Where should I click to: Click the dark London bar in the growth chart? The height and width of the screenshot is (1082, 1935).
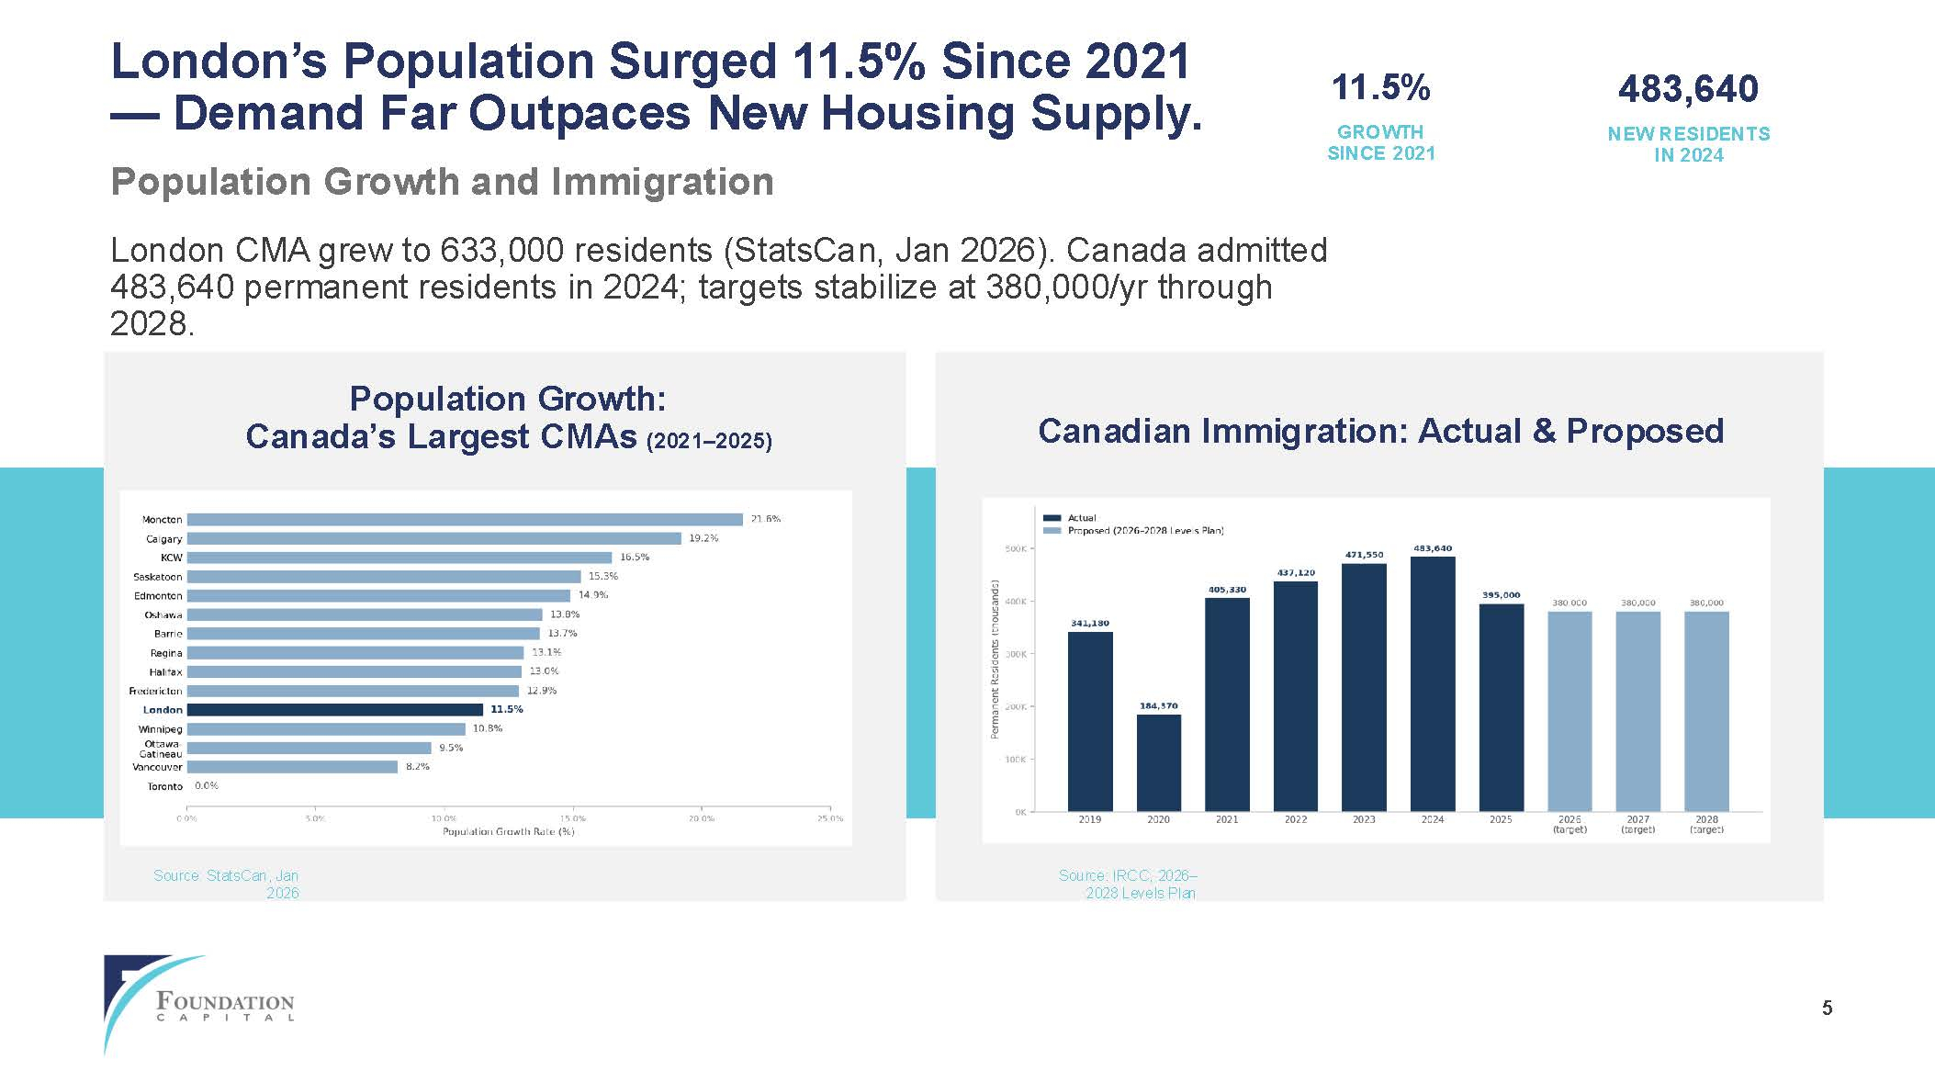pyautogui.click(x=335, y=710)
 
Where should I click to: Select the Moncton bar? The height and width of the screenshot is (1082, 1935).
pyautogui.click(x=465, y=520)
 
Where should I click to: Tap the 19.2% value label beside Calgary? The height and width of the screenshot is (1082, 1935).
pyautogui.click(x=703, y=538)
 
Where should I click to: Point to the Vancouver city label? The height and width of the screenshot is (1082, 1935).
pyautogui.click(x=157, y=767)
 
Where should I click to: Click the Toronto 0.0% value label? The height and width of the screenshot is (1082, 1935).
pyautogui.click(x=207, y=786)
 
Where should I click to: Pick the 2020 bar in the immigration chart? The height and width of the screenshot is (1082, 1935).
pyautogui.click(x=1159, y=763)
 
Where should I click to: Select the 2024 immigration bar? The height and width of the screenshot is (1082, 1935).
pyautogui.click(x=1433, y=684)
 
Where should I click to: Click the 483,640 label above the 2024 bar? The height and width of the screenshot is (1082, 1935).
pyautogui.click(x=1433, y=548)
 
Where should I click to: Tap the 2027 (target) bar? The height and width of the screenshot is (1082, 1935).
pyautogui.click(x=1638, y=712)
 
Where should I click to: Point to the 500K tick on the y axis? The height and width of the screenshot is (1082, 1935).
pyautogui.click(x=1016, y=549)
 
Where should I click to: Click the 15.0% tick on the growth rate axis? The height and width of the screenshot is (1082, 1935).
pyautogui.click(x=572, y=818)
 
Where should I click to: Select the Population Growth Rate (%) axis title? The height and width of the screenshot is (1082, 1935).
pyautogui.click(x=509, y=832)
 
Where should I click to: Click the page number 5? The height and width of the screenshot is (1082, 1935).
pyautogui.click(x=1827, y=1009)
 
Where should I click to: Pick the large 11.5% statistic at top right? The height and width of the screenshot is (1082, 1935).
pyautogui.click(x=1380, y=88)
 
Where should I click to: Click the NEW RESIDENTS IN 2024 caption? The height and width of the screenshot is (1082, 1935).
pyautogui.click(x=1688, y=144)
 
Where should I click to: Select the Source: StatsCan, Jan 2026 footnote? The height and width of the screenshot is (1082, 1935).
pyautogui.click(x=227, y=884)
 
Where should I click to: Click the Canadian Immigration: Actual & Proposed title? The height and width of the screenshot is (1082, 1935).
pyautogui.click(x=1380, y=431)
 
